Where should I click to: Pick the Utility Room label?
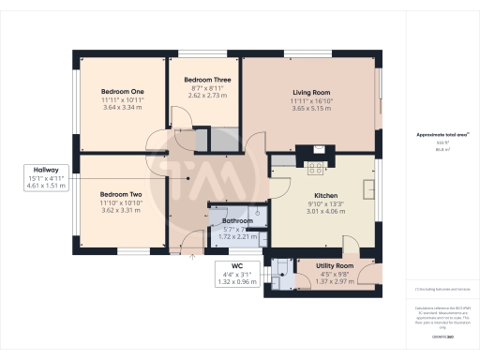point(335,266)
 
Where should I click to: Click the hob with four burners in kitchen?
point(314,169)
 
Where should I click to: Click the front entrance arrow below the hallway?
point(191,253)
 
